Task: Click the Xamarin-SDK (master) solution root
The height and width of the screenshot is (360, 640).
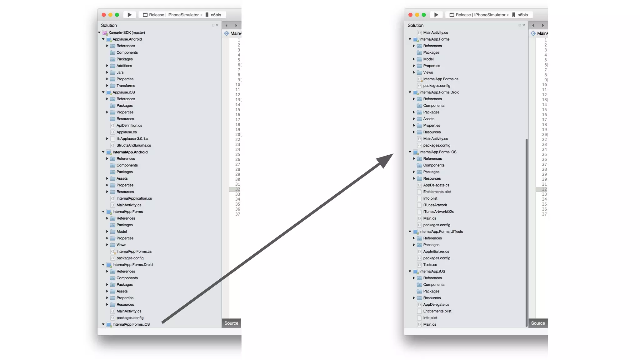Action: (126, 32)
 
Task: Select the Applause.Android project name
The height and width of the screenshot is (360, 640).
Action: (127, 39)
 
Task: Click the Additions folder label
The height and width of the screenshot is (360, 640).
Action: (124, 66)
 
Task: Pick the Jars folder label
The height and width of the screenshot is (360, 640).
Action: (120, 72)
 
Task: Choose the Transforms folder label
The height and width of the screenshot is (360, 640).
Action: (126, 86)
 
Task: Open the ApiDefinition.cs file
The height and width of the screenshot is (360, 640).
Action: (129, 125)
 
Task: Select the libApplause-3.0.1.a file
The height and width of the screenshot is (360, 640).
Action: (132, 139)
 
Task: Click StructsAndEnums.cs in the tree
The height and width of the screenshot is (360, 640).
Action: (133, 145)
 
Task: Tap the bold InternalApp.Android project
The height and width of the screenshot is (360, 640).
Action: (130, 152)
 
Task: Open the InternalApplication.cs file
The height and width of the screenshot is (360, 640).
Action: (134, 198)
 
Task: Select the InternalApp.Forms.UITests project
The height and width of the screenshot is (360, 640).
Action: (441, 232)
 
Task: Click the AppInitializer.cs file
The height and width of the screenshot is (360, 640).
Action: (436, 252)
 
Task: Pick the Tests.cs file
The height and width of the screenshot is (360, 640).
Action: (430, 265)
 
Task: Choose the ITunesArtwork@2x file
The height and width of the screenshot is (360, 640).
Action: (438, 212)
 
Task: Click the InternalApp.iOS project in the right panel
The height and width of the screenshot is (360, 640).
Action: (432, 271)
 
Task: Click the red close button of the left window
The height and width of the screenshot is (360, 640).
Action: (104, 15)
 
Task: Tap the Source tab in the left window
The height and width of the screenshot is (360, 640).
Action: (231, 323)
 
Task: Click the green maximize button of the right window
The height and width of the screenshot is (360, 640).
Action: (424, 15)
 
